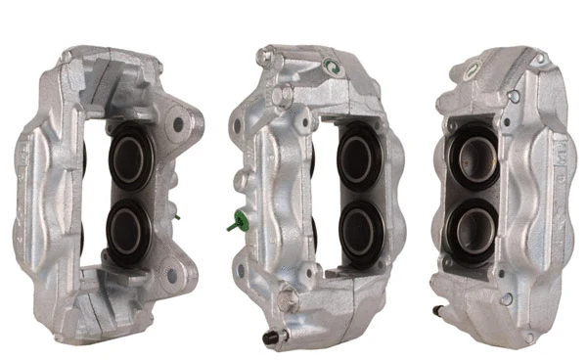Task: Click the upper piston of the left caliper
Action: tap(127, 157)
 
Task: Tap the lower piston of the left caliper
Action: tap(127, 228)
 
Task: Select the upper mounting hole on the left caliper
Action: tap(178, 124)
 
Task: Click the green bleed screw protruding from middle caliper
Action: tap(234, 224)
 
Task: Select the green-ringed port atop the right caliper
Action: tap(472, 69)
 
